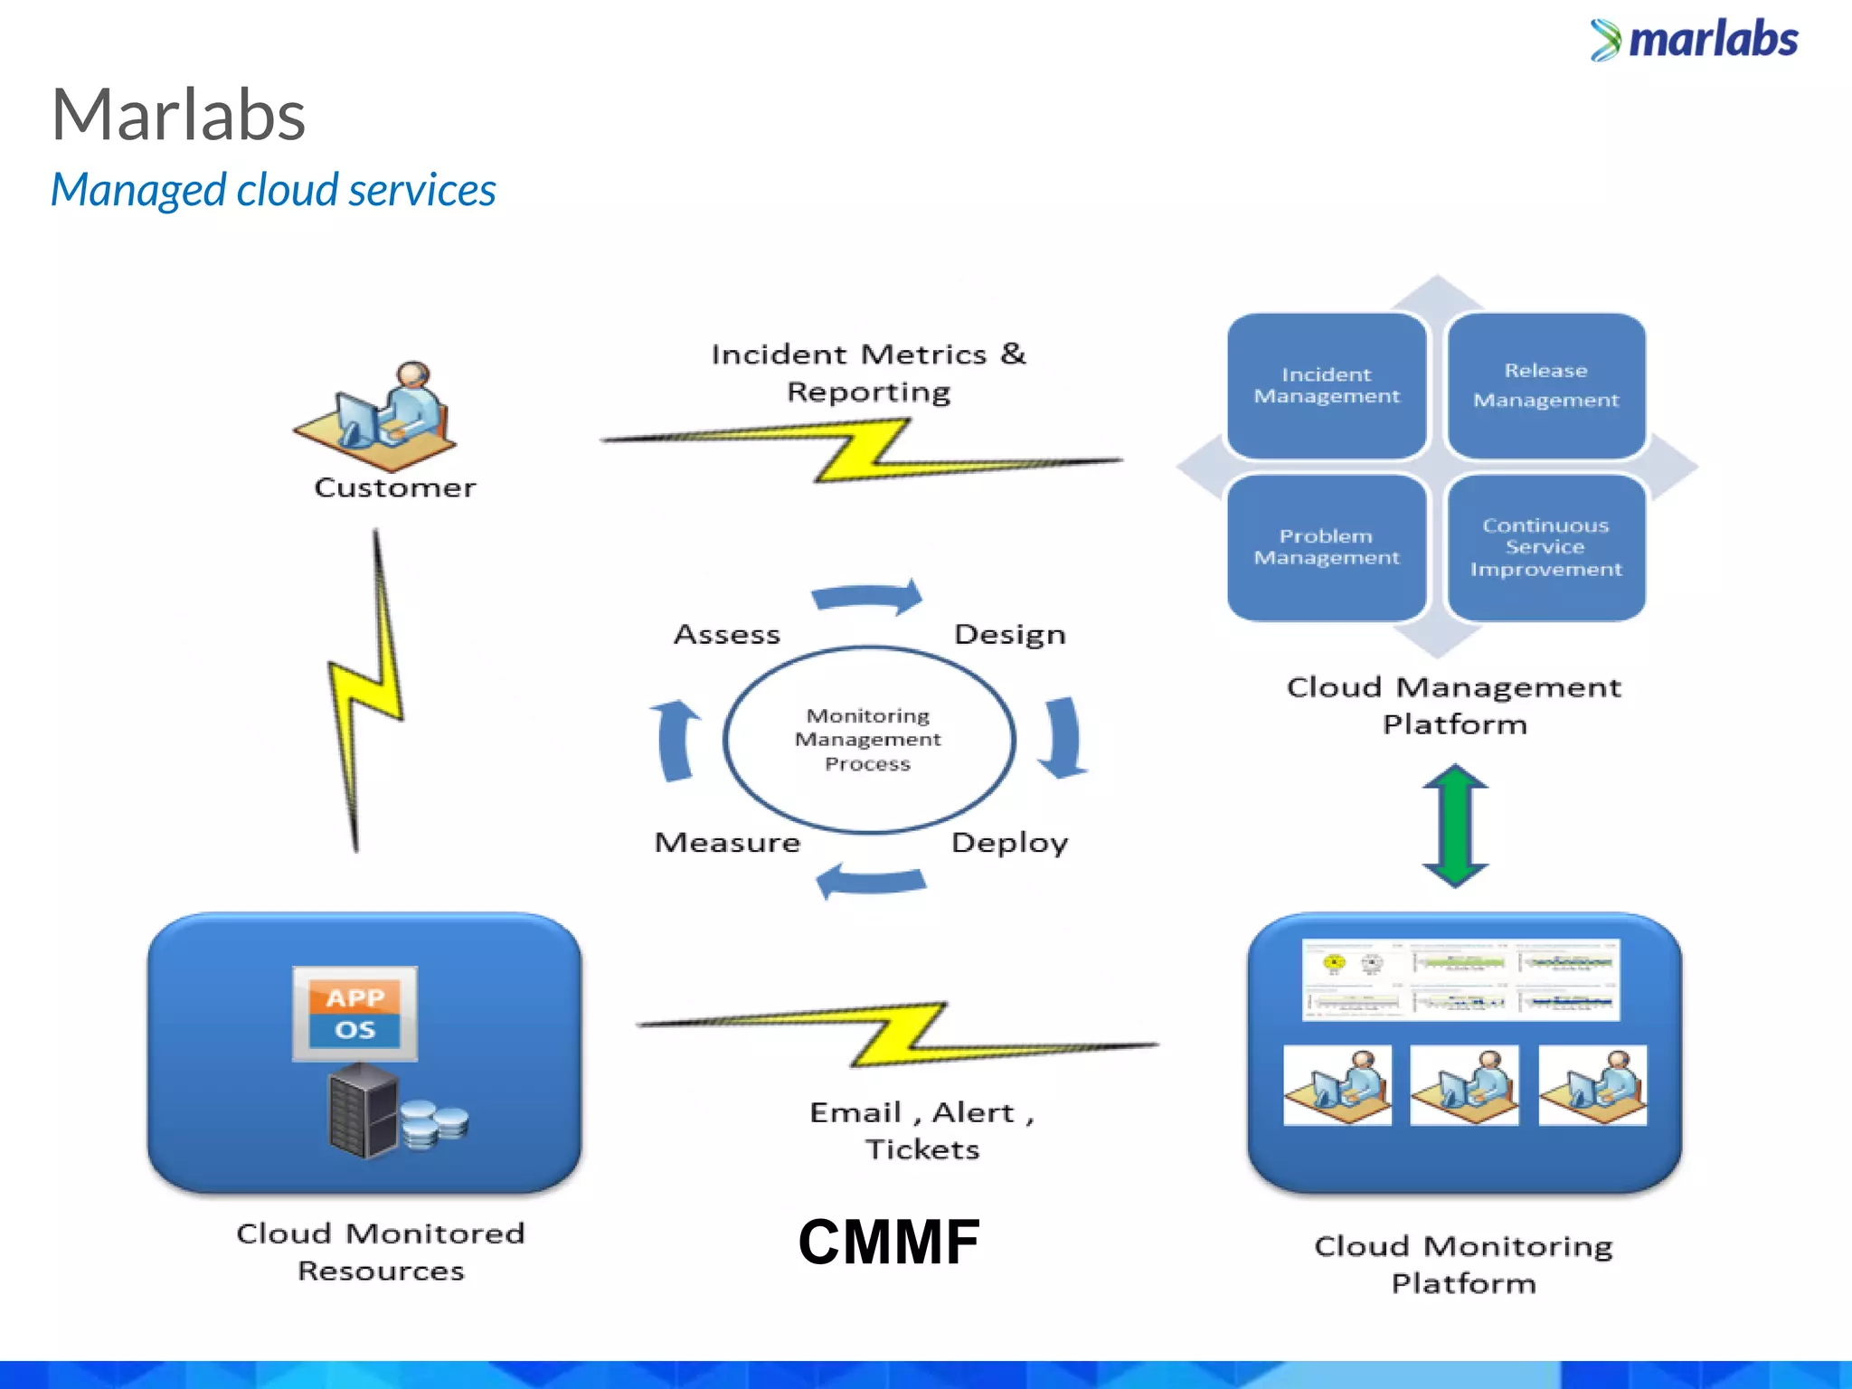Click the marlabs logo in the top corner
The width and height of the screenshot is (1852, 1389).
tap(1694, 41)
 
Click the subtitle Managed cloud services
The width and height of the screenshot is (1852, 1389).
tap(273, 191)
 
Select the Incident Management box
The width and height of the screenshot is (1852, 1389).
tap(1326, 386)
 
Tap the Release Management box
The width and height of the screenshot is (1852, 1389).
tap(1545, 386)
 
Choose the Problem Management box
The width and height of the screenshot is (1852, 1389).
tap(1326, 547)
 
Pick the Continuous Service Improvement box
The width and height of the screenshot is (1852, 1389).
tap(1545, 547)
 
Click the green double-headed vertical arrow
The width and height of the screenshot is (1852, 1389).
tap(1455, 825)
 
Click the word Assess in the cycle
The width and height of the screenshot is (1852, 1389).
tap(727, 635)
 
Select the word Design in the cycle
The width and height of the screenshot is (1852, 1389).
tap(1009, 635)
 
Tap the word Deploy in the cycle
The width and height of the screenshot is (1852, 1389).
tap(1009, 843)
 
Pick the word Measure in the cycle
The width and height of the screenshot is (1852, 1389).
tap(727, 843)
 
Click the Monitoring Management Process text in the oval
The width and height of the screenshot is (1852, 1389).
tap(867, 740)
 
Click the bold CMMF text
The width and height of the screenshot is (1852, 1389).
tap(889, 1242)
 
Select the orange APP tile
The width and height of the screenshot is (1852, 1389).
tap(354, 997)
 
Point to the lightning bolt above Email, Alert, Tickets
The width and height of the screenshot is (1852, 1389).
tap(897, 1034)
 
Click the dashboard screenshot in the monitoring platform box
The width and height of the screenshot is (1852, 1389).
tap(1460, 980)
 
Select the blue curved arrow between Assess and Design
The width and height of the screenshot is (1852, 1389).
tap(867, 597)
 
